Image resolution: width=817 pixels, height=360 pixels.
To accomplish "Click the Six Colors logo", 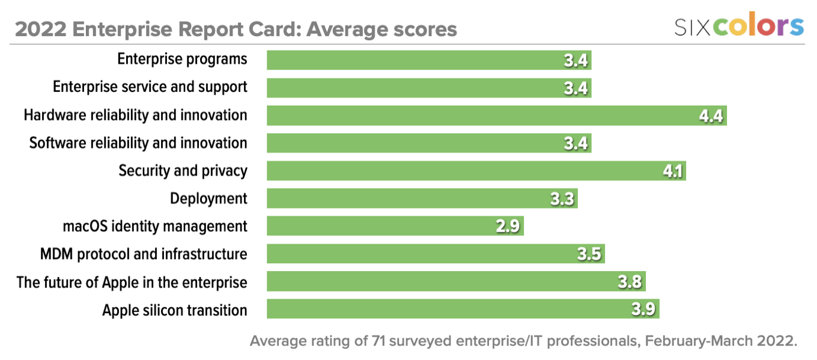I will point(738,26).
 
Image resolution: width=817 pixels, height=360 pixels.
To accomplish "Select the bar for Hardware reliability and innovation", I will point(496,115).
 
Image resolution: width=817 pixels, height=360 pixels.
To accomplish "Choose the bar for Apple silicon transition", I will point(463,309).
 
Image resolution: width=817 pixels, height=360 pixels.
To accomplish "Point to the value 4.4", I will point(711,116).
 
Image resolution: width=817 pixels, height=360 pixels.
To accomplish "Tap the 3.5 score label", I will point(589,254).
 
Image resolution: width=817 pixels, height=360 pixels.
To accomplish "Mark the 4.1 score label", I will point(672,171).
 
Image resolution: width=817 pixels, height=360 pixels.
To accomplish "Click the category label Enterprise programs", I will point(182,59).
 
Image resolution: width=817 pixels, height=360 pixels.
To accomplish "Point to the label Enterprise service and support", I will point(150,87).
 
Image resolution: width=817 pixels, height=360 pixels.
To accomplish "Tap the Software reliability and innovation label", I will point(138,143).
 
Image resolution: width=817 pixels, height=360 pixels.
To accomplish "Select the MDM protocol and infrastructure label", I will point(144,254).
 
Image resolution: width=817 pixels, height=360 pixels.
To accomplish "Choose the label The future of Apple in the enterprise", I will point(132,281).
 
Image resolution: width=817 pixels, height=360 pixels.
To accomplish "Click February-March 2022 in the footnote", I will point(721,341).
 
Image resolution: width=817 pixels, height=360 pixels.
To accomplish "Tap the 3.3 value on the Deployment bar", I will point(563,199).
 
